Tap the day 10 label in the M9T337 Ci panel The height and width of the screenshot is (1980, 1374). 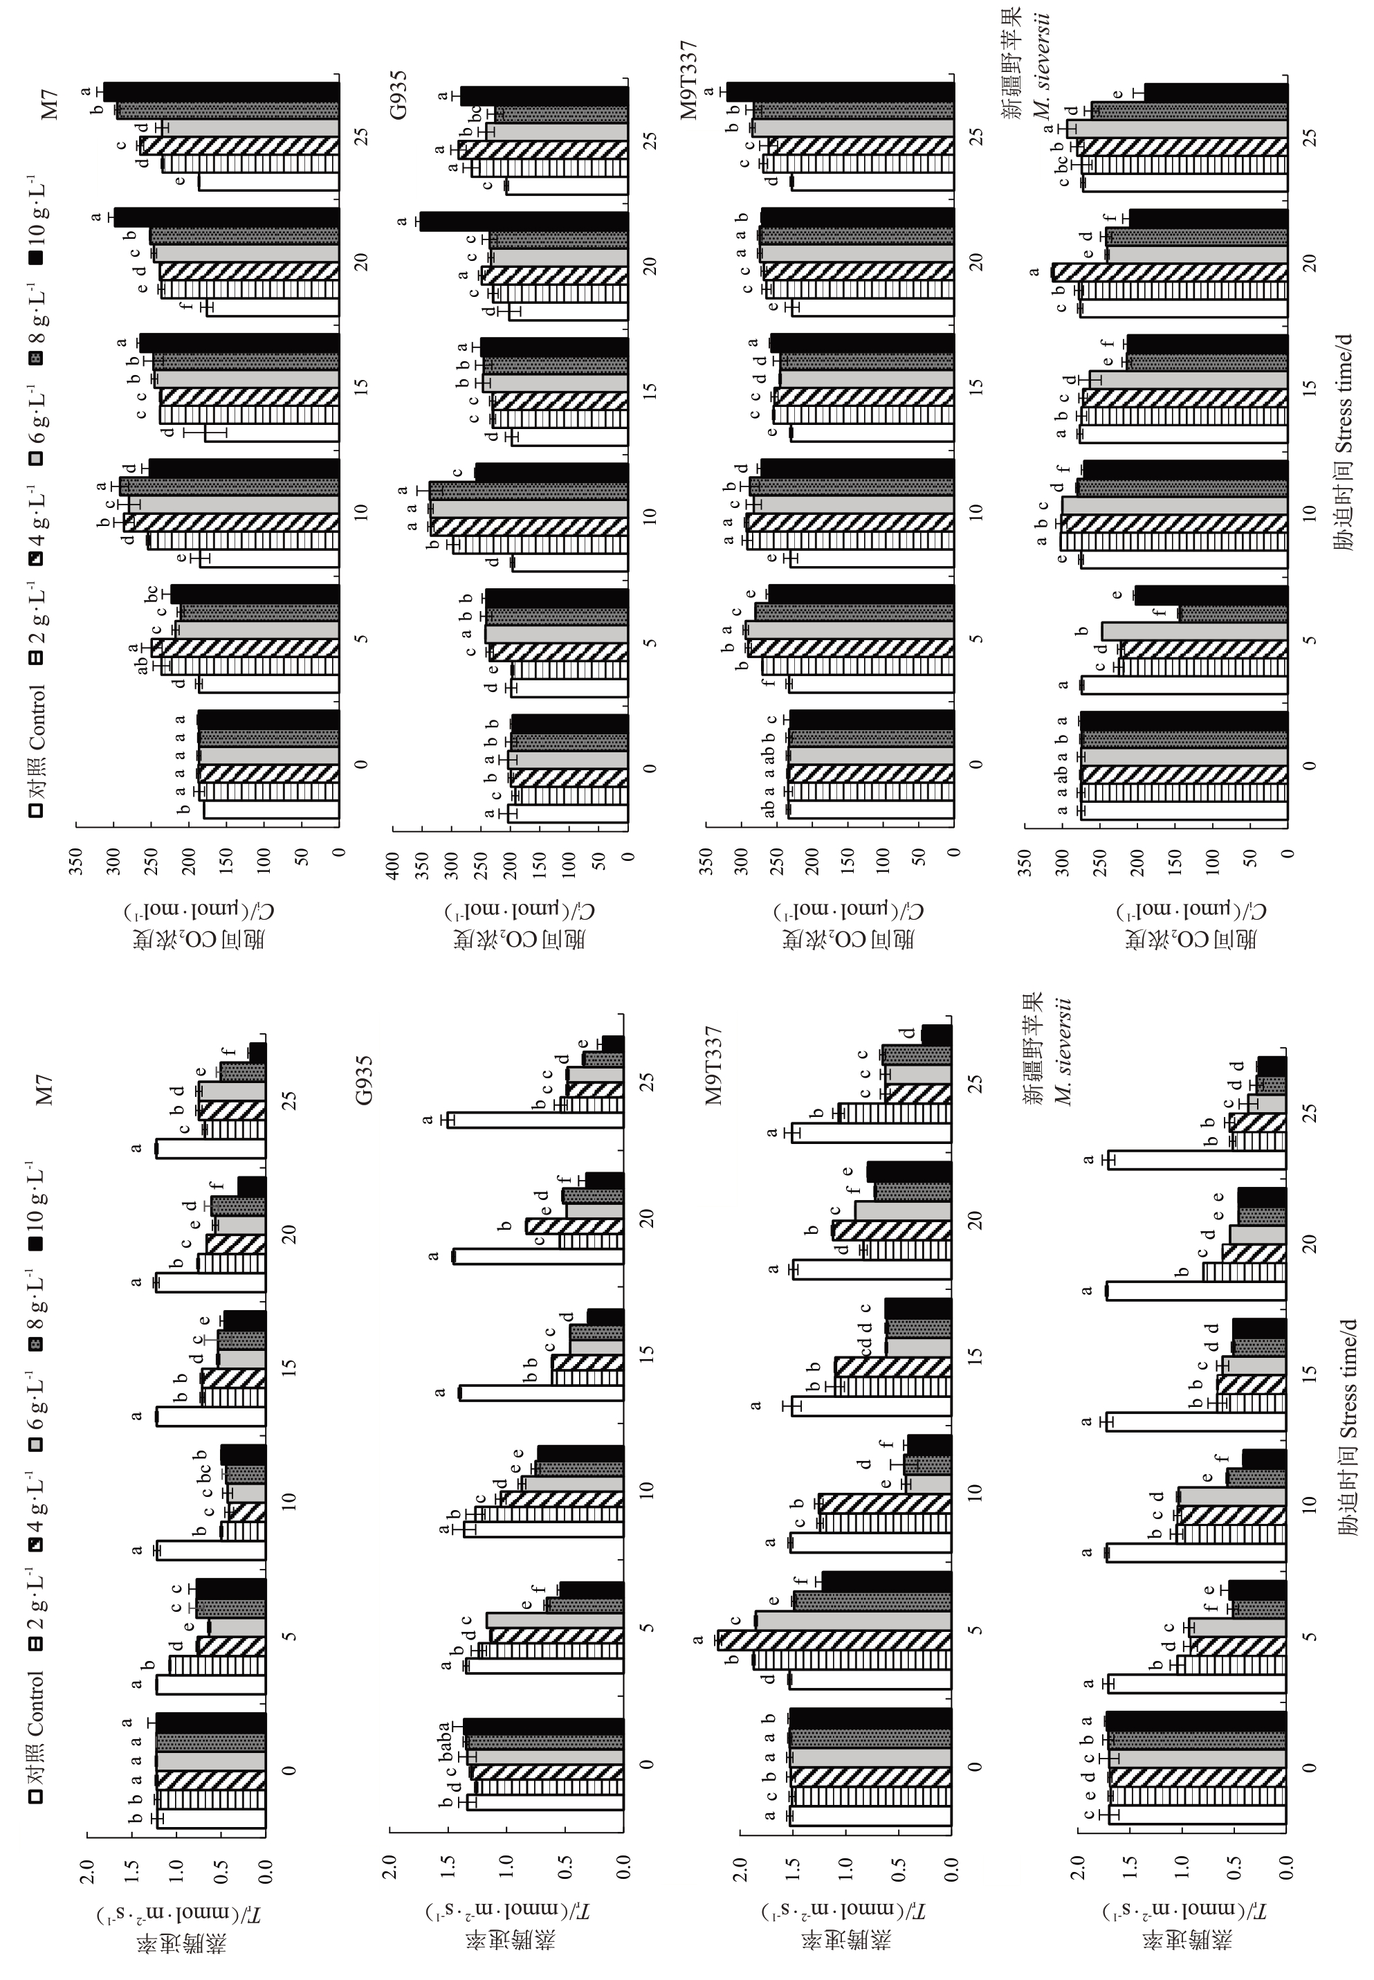click(975, 511)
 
